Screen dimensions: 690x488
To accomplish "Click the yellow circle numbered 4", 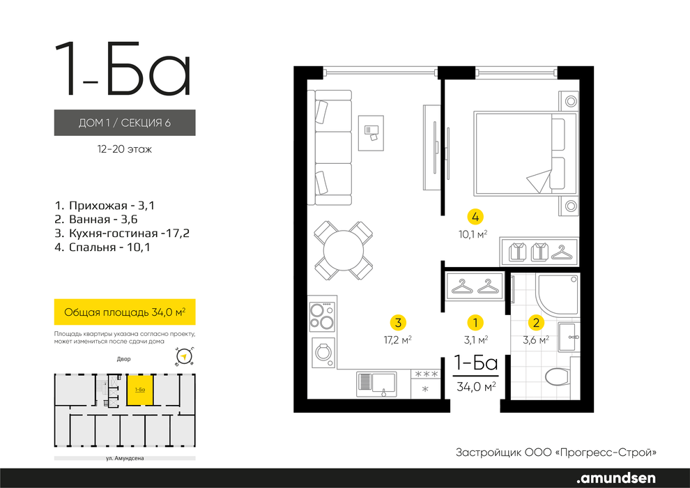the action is tap(475, 217).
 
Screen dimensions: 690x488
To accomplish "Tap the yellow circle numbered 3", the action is tap(398, 323).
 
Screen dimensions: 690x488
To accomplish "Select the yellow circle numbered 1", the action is tap(475, 323).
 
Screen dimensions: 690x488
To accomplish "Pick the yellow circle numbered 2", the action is tap(536, 323).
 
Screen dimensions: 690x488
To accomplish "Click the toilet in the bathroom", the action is tap(561, 376).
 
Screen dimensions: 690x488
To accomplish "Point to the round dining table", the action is tap(344, 251).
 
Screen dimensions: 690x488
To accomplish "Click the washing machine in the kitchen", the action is tap(323, 352).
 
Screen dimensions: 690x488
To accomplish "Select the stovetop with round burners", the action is tap(322, 317).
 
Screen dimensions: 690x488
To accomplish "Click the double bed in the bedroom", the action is tap(526, 153).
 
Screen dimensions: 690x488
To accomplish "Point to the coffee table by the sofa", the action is tap(371, 133).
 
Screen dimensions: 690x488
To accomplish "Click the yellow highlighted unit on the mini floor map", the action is tap(140, 390).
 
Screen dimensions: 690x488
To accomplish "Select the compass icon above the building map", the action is tap(185, 356).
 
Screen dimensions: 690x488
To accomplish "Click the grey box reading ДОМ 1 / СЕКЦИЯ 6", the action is tap(125, 123).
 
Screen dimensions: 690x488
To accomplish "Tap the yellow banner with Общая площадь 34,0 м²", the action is tap(125, 312).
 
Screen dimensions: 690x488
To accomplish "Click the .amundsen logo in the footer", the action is tap(616, 478).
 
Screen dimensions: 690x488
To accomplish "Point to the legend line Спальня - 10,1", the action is tap(102, 247).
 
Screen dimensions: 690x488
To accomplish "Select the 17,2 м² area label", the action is tap(398, 340).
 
